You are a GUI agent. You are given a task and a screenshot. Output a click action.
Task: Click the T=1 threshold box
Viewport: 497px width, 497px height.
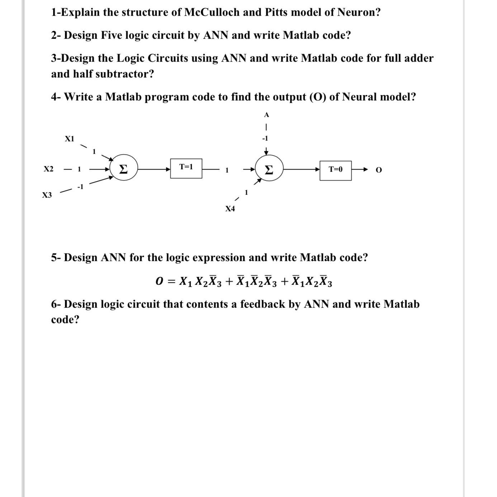(x=186, y=168)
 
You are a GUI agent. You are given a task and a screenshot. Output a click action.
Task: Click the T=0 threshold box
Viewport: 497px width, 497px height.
(x=335, y=170)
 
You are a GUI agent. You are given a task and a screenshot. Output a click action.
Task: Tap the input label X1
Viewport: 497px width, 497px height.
(x=69, y=139)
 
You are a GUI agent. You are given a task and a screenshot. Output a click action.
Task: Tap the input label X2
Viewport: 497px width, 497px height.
(x=48, y=169)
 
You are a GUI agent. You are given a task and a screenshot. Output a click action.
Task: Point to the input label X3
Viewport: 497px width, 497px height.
(x=47, y=195)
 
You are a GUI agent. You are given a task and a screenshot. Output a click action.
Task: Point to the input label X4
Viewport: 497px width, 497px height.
(x=230, y=209)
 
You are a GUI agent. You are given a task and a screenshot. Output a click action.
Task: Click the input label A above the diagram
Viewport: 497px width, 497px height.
(x=266, y=115)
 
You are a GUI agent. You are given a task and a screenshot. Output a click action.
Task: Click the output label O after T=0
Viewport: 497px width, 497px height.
(x=379, y=170)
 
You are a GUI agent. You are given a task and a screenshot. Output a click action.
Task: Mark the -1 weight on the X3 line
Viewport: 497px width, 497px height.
(x=80, y=186)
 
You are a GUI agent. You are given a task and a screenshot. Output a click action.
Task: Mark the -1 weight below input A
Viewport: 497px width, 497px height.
(x=265, y=138)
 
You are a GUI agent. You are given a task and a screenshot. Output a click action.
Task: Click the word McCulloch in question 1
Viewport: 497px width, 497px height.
(x=212, y=12)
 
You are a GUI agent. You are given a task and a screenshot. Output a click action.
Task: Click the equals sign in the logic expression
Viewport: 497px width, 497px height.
(x=171, y=282)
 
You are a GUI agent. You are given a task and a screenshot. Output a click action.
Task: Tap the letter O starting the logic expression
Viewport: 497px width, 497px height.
(x=160, y=281)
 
